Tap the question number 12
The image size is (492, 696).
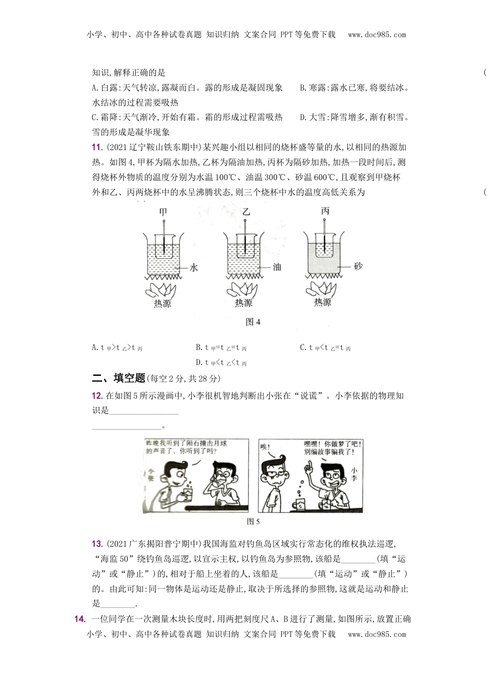97,396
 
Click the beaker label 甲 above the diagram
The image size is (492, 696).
163,212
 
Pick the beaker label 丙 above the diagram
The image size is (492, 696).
325,211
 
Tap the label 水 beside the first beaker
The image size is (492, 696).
194,268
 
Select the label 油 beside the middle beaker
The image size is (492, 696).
277,268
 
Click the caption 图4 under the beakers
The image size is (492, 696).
253,322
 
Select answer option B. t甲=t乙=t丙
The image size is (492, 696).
221,348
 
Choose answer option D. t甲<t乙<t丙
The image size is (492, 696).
221,363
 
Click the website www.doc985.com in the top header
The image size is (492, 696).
377,35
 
